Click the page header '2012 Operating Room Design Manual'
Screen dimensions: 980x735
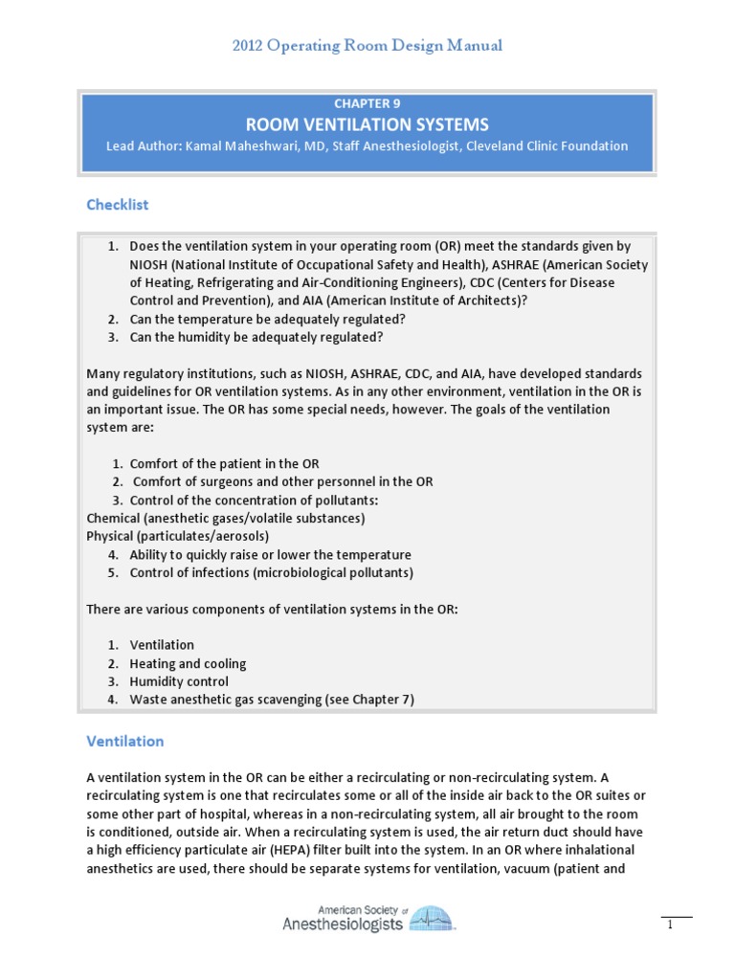pos(367,45)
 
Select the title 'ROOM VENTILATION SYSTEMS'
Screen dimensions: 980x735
pos(367,124)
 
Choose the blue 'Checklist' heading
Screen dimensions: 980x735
pos(117,205)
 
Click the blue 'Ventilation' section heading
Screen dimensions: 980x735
pos(124,741)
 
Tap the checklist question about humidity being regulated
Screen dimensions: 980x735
pos(256,337)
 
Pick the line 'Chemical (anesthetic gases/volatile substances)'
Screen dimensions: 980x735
pos(225,518)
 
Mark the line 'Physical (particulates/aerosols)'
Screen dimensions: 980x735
pos(177,536)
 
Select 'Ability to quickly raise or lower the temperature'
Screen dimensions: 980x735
pos(270,554)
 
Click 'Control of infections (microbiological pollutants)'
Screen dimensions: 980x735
pos(271,572)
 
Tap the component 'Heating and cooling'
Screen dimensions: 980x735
pos(188,663)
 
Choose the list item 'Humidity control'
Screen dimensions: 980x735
pos(179,681)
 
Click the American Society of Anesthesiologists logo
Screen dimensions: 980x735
pos(367,919)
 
